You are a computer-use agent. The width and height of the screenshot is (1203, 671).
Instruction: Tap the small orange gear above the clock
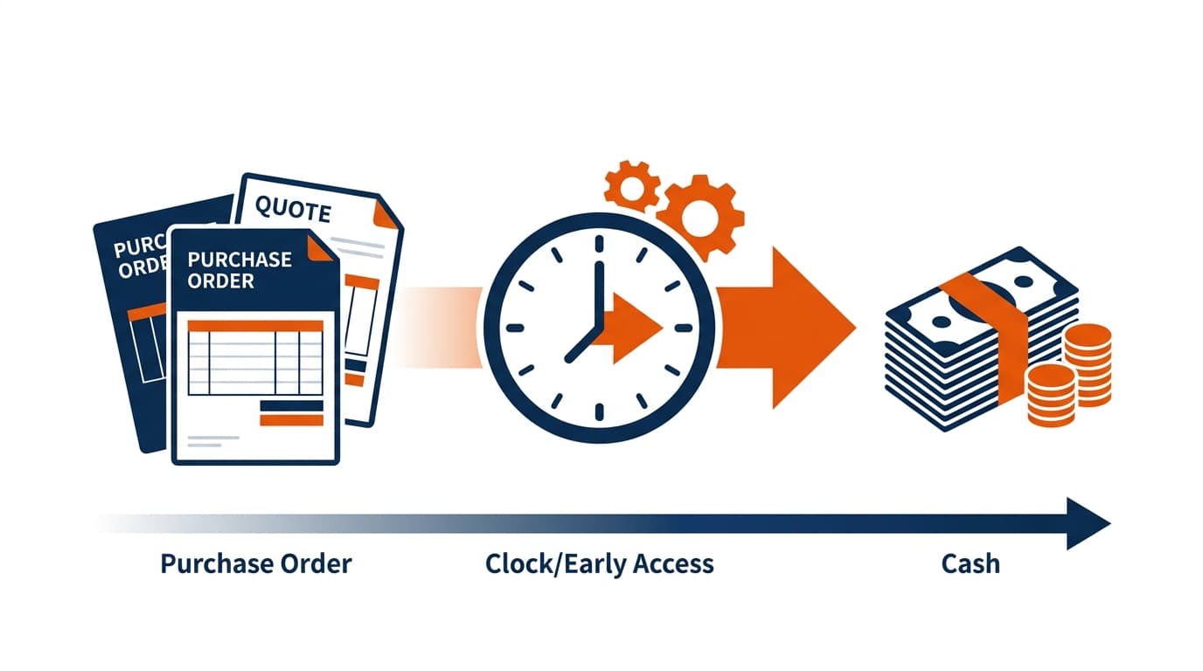click(x=632, y=186)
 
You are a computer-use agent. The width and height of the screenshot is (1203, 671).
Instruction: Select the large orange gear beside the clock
click(x=700, y=218)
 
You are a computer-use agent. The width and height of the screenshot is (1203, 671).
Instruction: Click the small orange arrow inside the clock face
click(x=629, y=328)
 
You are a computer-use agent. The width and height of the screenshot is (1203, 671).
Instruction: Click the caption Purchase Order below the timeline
click(x=256, y=564)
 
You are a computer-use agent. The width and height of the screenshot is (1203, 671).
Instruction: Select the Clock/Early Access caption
click(x=600, y=564)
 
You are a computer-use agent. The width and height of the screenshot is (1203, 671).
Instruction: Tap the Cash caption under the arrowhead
click(x=970, y=564)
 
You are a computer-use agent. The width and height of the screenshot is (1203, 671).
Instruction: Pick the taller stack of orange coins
click(x=1088, y=365)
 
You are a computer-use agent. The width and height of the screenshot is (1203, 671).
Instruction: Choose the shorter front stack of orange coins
click(x=1051, y=395)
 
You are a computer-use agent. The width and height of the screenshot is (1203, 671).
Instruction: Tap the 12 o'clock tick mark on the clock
click(x=600, y=243)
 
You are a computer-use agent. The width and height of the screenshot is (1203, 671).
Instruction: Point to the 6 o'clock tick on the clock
click(x=600, y=412)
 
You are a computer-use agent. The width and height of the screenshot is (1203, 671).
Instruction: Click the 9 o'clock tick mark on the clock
click(x=515, y=328)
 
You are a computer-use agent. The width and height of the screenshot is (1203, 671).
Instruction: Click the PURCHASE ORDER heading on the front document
click(x=240, y=271)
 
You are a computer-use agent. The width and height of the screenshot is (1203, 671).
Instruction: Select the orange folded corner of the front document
click(x=319, y=249)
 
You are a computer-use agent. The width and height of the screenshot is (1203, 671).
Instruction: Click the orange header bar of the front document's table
click(x=255, y=326)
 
